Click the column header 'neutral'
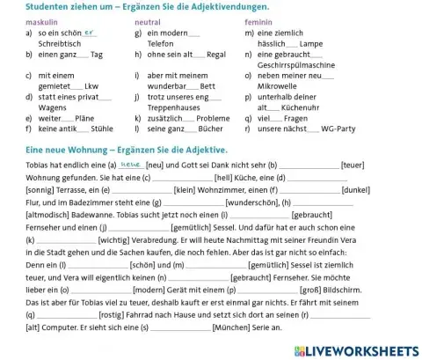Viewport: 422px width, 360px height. click(149, 19)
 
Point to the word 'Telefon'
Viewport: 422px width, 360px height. click(162, 41)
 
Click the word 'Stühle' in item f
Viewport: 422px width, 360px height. click(82, 129)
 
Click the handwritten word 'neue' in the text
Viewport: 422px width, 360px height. click(131, 163)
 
